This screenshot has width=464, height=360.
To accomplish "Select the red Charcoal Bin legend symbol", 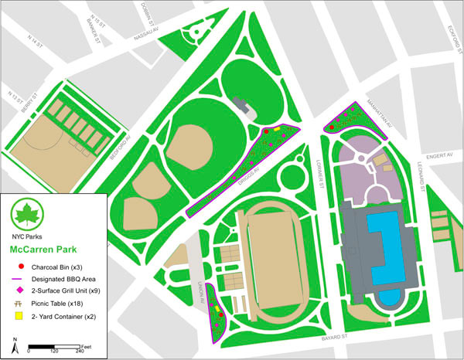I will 19,267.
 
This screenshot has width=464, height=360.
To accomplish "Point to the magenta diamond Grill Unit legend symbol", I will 19,292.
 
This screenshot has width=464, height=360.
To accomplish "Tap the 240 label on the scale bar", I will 80,351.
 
